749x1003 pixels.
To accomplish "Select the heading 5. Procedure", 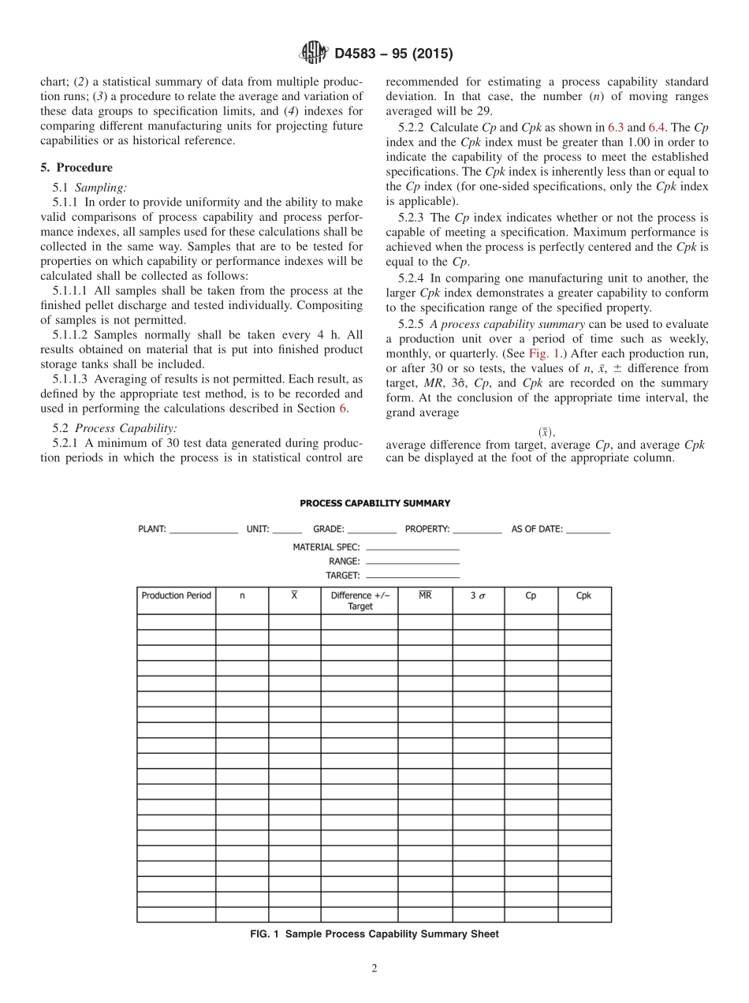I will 76,167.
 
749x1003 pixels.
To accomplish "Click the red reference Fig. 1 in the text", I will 543,353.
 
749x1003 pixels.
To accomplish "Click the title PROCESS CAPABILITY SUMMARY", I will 374,503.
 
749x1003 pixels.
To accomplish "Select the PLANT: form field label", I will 152,530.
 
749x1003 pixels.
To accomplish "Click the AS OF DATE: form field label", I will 537,530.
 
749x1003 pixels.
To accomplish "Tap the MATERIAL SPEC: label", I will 326,546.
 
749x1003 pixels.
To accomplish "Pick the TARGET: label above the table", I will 342,576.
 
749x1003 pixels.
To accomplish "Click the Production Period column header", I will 176,596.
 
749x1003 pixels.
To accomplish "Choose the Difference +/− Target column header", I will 360,601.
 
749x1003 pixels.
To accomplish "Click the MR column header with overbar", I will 424,596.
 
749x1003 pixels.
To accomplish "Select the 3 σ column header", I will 478,596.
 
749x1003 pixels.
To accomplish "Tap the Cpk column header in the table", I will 583,596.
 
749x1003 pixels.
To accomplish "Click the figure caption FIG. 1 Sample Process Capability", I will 374,934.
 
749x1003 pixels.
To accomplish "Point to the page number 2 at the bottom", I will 374,969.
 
